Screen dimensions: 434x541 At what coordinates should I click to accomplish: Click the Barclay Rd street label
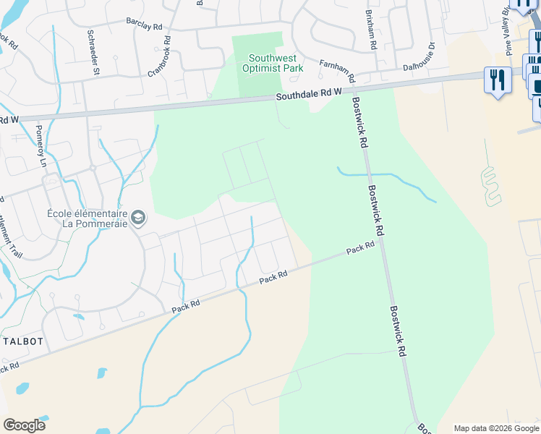point(143,25)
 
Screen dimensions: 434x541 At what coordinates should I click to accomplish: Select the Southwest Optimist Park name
point(276,63)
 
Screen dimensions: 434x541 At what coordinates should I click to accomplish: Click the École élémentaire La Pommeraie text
point(88,218)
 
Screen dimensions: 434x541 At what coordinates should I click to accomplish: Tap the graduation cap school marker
point(139,217)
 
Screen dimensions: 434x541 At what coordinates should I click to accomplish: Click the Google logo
point(24,425)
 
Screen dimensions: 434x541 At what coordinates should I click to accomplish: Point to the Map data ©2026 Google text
point(495,428)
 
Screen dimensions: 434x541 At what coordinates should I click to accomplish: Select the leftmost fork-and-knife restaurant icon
point(498,80)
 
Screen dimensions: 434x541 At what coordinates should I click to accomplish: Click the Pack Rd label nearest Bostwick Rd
point(360,248)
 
